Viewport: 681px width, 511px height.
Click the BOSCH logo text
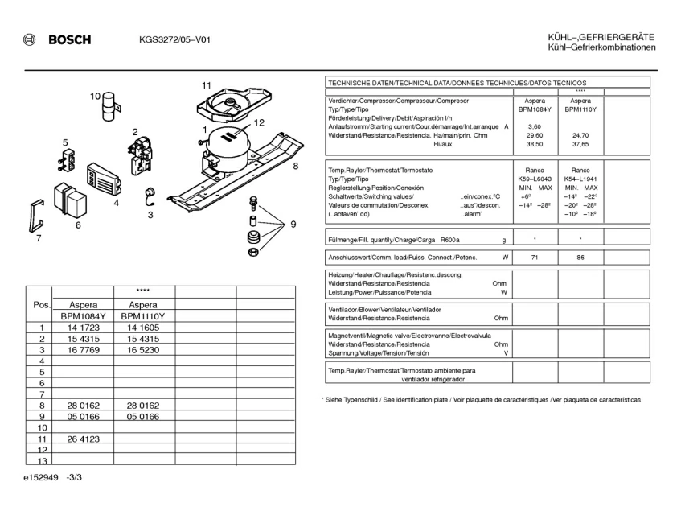69,40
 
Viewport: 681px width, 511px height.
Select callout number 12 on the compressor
258,123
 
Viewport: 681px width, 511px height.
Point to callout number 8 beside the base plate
296,166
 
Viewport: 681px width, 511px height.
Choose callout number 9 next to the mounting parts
293,225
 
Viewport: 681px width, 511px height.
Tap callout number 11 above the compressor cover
207,85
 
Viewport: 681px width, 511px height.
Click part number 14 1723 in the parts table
83,328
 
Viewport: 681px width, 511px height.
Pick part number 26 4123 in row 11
83,439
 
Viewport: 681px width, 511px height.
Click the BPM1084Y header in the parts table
83,316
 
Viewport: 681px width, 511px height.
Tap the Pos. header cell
41,305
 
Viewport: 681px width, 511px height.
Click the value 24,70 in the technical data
580,135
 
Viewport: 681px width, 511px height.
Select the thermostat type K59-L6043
535,179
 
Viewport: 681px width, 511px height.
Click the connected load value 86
580,258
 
